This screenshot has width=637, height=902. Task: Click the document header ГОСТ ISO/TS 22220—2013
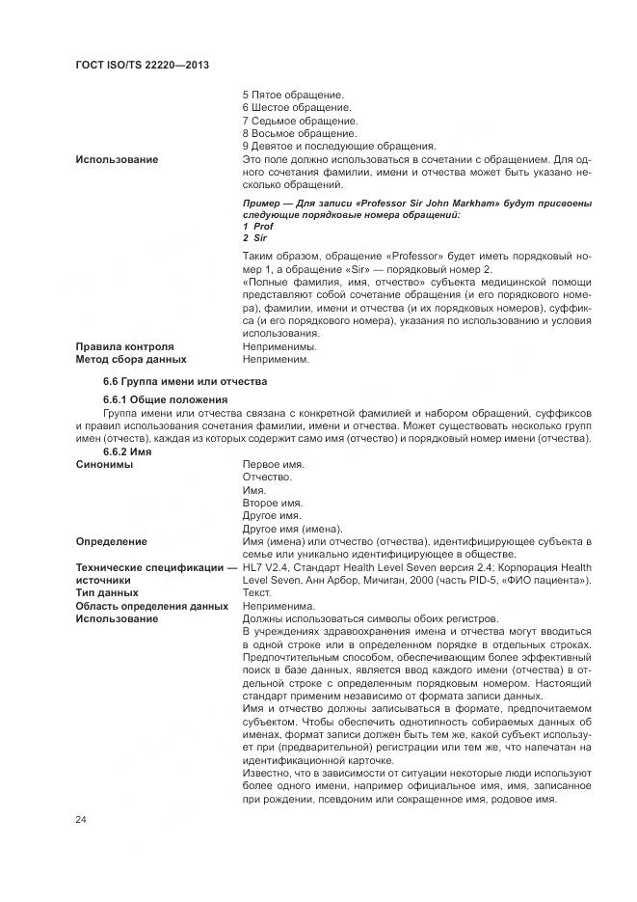[142, 64]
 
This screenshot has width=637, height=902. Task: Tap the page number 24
[81, 819]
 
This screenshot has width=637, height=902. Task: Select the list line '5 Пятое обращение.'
[293, 95]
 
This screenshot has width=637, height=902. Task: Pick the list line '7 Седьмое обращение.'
[300, 121]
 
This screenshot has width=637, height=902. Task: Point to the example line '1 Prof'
[257, 226]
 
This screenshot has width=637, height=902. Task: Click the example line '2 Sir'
[254, 237]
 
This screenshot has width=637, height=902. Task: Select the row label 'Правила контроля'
[124, 345]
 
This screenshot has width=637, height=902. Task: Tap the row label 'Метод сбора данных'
[131, 359]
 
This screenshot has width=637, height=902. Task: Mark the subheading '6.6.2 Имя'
[126, 451]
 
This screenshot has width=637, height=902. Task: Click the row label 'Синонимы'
[104, 464]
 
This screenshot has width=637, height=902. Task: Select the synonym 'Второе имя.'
[272, 503]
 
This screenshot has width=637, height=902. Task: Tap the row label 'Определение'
[112, 541]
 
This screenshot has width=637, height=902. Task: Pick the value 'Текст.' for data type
[258, 593]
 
